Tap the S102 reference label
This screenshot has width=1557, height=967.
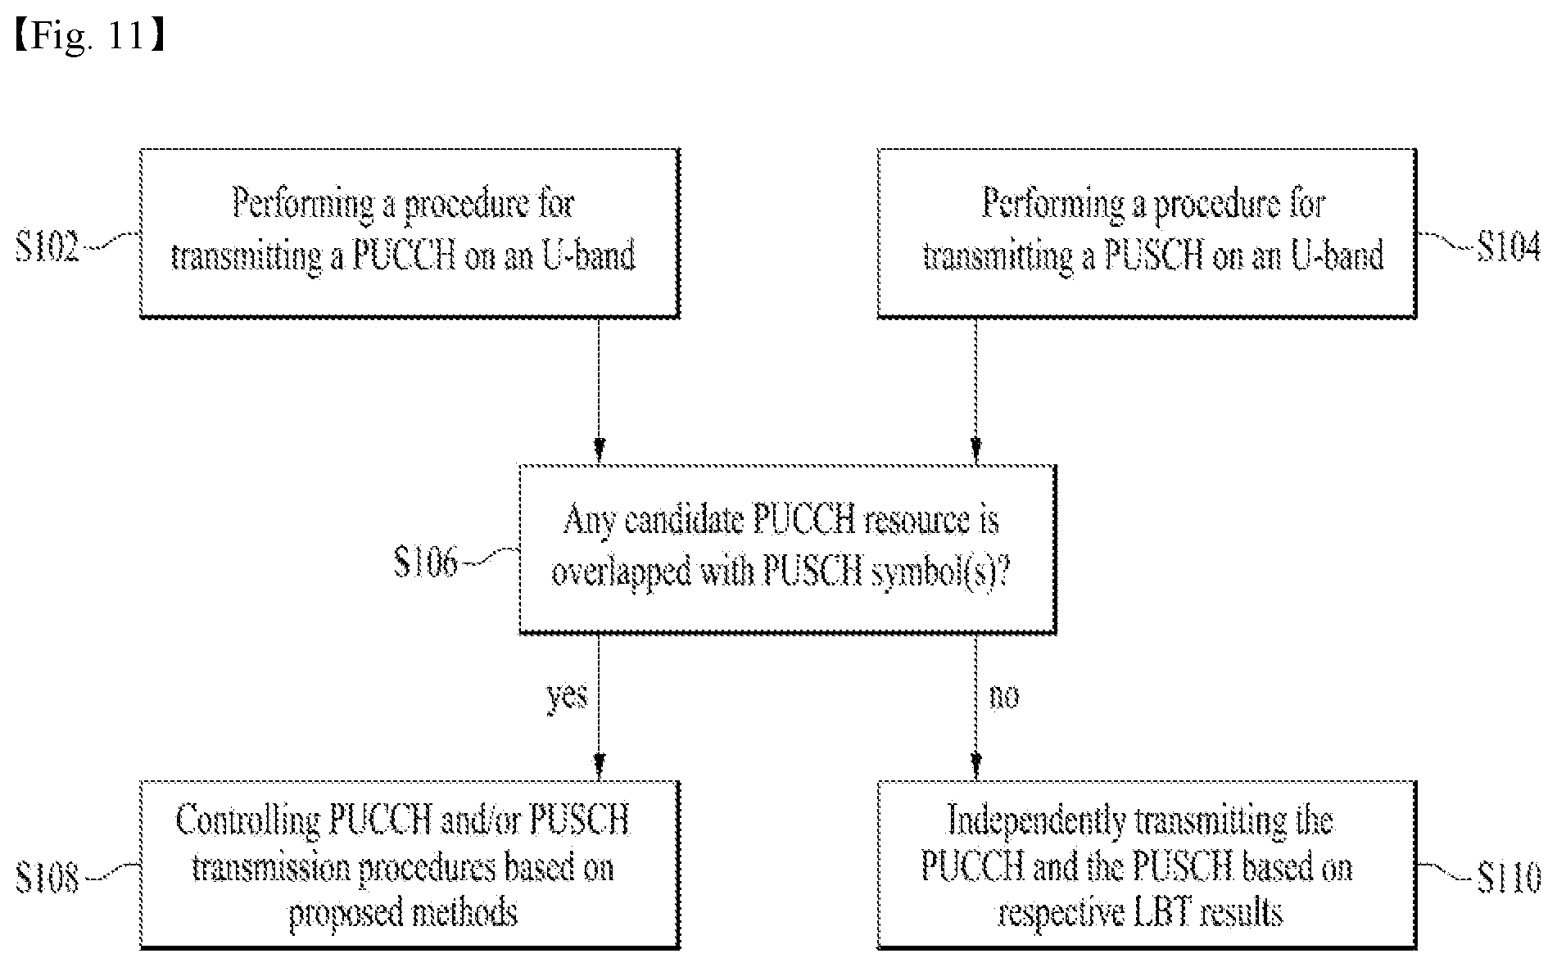[48, 246]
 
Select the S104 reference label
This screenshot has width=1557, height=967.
[1508, 246]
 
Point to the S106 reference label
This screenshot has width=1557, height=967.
[425, 563]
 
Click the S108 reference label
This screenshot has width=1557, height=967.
[48, 878]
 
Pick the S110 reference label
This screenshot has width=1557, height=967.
[1508, 878]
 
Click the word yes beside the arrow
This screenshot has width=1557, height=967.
[567, 697]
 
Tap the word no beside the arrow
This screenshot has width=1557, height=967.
[1004, 696]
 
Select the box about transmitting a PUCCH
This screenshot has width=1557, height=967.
[410, 233]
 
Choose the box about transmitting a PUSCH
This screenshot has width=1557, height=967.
[1147, 233]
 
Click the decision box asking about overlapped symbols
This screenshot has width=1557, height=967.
[787, 549]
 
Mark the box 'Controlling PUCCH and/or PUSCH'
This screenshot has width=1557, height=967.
[410, 865]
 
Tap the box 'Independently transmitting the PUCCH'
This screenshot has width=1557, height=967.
[1147, 865]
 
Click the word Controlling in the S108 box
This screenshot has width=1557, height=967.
[247, 822]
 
